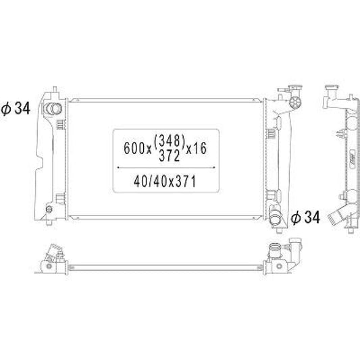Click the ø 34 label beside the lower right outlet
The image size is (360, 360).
click(x=305, y=217)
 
